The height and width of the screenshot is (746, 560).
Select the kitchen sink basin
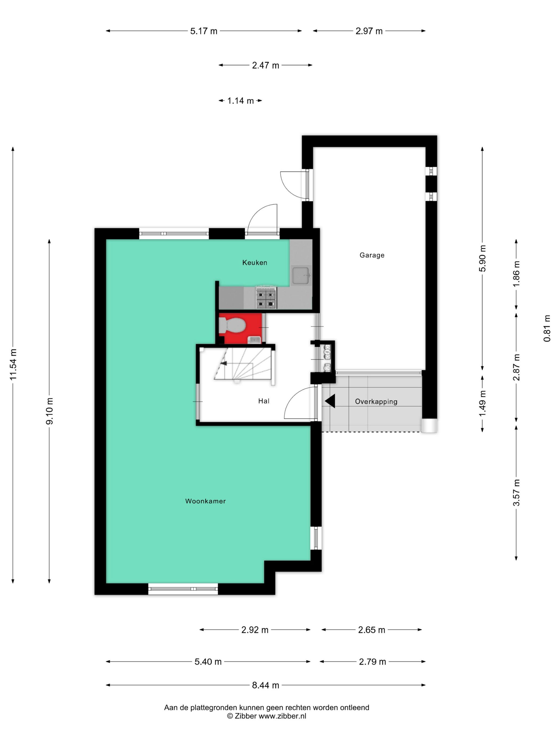(x=301, y=275)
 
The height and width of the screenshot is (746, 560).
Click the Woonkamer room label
(x=205, y=501)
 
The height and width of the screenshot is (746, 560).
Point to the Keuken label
(x=254, y=262)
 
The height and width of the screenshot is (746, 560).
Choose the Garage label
(x=372, y=255)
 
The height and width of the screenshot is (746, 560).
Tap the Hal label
(x=264, y=401)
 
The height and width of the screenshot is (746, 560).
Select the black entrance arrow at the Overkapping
(x=330, y=401)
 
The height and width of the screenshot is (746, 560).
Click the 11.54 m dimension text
(x=13, y=364)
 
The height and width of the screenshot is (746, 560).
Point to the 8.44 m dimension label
(x=265, y=685)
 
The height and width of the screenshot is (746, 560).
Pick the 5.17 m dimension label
(x=203, y=31)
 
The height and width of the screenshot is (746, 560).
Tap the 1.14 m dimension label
(x=240, y=100)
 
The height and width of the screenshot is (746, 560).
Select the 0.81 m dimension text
(x=547, y=328)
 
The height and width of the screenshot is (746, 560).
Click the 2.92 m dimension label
(x=254, y=630)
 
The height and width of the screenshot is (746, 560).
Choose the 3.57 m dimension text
(x=517, y=492)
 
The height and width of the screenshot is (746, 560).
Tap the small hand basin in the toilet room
(x=254, y=340)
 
